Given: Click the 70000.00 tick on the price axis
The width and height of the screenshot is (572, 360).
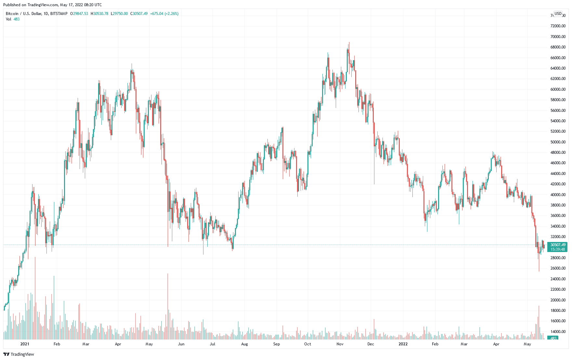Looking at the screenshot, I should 558,36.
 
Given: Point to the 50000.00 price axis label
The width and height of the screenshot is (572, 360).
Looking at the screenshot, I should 558,142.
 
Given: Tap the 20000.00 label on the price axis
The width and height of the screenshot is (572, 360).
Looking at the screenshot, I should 558,300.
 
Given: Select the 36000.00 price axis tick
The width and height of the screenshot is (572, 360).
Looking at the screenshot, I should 558,216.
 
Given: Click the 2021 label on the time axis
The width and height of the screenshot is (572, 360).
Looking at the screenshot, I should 25,344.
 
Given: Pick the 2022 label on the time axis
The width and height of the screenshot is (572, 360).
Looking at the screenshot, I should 403,344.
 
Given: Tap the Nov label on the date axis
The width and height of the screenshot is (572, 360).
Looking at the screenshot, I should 340,344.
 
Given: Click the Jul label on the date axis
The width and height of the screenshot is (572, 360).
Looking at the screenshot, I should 212,344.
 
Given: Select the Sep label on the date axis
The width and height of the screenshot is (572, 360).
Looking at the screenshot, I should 276,344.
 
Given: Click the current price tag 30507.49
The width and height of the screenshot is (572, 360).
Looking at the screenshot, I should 558,245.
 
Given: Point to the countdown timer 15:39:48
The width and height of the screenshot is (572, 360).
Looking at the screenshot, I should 558,249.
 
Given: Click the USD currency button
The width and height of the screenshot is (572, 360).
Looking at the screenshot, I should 558,14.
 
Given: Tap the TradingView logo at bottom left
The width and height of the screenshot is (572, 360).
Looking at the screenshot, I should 19,354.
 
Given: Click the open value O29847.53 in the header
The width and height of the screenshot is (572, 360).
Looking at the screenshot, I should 79,14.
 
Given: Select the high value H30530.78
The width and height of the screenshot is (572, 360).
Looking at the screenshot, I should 99,14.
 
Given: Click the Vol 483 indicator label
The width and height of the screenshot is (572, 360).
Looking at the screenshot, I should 13,19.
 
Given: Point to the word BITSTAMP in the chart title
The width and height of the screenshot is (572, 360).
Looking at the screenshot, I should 59,14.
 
